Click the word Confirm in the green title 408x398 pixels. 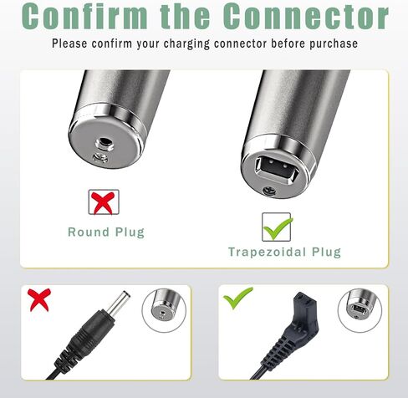[x=84, y=16]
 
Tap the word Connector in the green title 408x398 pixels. [x=306, y=16]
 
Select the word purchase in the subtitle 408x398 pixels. [x=334, y=43]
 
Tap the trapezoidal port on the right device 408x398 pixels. [x=278, y=169]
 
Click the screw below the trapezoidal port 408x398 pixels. [x=269, y=191]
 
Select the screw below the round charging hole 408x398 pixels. [x=100, y=157]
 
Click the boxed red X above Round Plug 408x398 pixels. [x=104, y=202]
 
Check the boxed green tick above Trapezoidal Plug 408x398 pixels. [x=277, y=227]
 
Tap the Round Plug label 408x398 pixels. [x=106, y=232]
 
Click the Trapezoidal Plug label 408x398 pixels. [x=284, y=252]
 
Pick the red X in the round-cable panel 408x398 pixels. [x=39, y=299]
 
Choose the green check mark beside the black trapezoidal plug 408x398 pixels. [x=237, y=298]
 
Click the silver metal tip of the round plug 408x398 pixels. [x=119, y=304]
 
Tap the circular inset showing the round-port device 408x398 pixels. [x=164, y=310]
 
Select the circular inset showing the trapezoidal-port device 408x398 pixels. [x=360, y=310]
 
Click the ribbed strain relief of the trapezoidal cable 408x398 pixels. [x=279, y=347]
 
